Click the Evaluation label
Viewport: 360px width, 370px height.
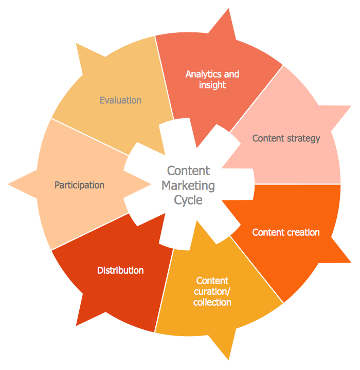click(x=120, y=100)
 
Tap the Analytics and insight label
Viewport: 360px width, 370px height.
click(x=212, y=79)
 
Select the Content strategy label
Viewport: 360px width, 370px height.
click(x=286, y=138)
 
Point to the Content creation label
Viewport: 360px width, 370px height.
click(x=285, y=232)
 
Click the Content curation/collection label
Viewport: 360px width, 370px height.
click(x=212, y=291)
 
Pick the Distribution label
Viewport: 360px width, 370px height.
click(x=120, y=270)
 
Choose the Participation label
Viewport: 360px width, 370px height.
click(x=79, y=185)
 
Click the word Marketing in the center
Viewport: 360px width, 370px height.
click(x=188, y=186)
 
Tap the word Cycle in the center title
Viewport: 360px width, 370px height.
click(x=188, y=200)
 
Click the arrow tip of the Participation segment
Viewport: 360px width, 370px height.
click(x=10, y=183)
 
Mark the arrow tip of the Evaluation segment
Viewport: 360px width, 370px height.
click(x=78, y=45)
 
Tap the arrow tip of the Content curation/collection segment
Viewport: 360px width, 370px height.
click(x=228, y=358)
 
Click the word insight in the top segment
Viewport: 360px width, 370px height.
click(x=212, y=85)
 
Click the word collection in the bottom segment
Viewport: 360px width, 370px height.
click(x=212, y=302)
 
